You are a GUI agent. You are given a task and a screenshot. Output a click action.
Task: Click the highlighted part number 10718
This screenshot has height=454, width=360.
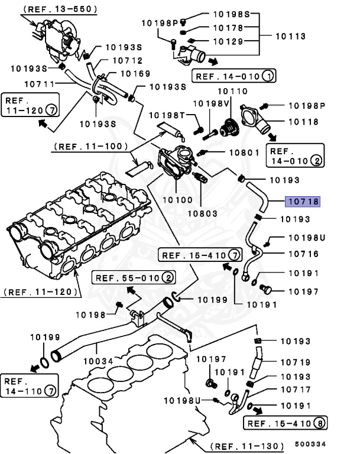(303, 202)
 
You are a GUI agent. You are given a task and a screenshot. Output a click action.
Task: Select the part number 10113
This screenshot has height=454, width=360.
(291, 36)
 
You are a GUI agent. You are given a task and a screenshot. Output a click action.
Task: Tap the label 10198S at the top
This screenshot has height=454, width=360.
(231, 13)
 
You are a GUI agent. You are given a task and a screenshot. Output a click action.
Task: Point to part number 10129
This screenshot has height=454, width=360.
(228, 41)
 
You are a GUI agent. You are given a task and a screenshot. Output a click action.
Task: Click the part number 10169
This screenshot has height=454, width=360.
(135, 74)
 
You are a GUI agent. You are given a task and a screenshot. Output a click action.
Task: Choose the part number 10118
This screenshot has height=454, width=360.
(303, 122)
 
